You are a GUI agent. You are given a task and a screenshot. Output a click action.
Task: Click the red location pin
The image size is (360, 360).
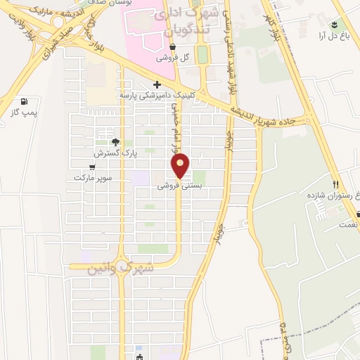[181, 165]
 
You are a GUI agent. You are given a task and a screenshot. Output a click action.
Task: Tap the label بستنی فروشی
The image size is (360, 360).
[178, 186]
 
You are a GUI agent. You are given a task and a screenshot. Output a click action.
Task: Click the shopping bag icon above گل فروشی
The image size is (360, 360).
[173, 48]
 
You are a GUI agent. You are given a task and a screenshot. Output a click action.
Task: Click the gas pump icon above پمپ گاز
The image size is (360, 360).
[25, 101]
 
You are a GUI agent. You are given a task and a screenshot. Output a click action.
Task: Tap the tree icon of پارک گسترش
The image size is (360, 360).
[116, 141]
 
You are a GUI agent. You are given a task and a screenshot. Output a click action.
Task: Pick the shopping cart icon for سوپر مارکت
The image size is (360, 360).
[92, 167]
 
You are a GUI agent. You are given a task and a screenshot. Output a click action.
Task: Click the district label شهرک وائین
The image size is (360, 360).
[120, 267]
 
